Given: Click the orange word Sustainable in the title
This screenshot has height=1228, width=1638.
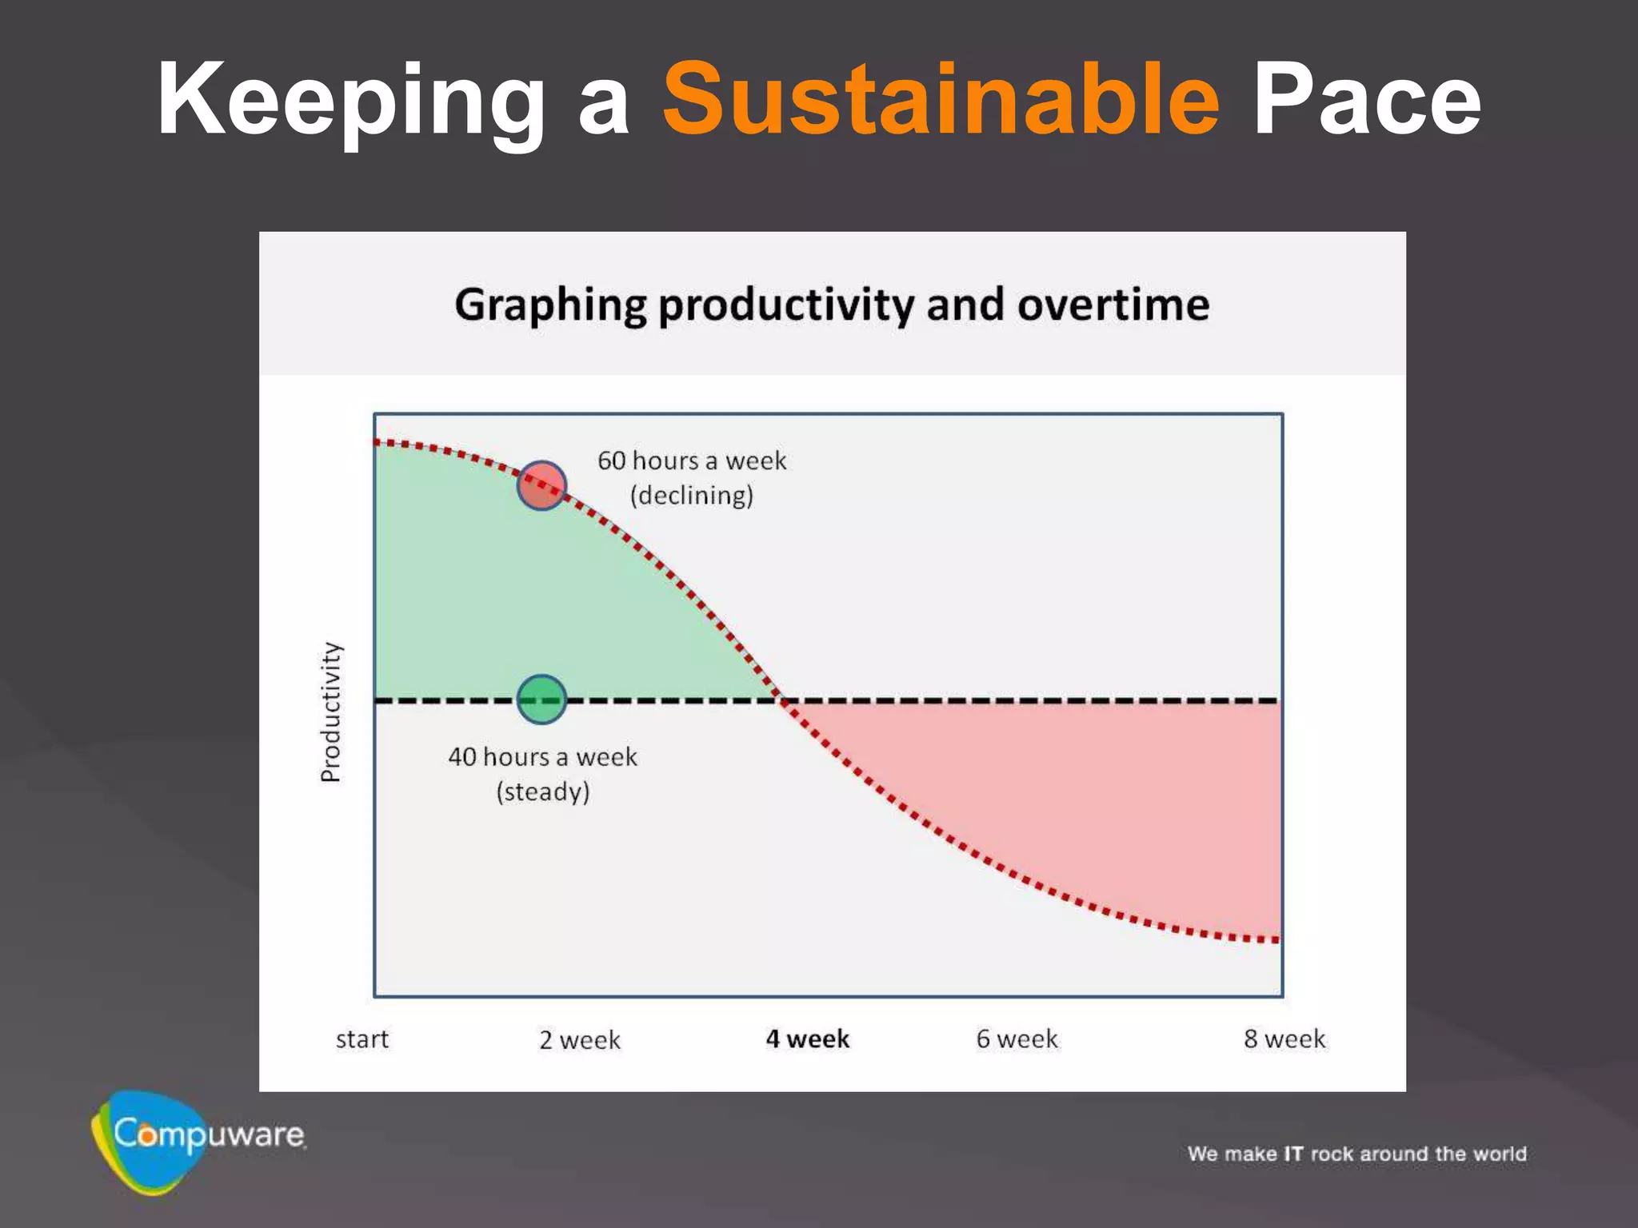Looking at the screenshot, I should coord(941,99).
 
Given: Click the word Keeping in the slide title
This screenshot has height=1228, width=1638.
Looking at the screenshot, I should coord(350,101).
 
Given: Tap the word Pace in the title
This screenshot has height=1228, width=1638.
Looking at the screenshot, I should coord(1366,101).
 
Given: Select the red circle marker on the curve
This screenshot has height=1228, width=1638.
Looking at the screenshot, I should coord(541,485).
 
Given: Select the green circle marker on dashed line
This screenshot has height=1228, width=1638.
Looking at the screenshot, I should coord(541,700).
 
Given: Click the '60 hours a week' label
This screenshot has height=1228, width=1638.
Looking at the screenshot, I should coord(692,460).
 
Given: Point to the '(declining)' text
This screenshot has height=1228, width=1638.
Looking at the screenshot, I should coord(692,496).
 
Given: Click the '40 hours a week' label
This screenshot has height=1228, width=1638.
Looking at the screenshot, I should coord(542,756).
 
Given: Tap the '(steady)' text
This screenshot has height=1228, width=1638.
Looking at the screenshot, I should coord(542,791).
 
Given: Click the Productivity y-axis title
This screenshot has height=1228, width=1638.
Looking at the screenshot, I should coord(330,712).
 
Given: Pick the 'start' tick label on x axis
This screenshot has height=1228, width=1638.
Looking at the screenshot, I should coord(362,1039).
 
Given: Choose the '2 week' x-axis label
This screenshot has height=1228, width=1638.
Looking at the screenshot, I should coord(579,1039).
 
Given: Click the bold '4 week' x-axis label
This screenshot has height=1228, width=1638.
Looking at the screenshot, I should coord(807,1039).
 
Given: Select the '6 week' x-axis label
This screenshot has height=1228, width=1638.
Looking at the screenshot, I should coord(1017,1039).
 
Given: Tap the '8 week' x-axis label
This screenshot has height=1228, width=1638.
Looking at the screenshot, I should coord(1284,1039).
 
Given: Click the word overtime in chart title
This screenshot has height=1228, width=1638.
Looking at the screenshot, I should coord(1113,305).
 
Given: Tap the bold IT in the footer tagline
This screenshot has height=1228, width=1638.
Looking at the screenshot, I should coord(1293,1154).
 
